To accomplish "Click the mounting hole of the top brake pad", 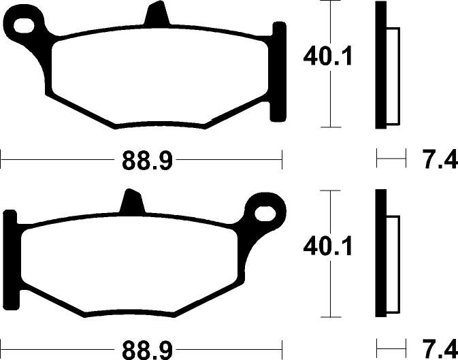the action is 24,24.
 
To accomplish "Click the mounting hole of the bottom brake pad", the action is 265,214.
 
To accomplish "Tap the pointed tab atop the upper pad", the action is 157,14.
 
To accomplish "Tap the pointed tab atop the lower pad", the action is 132,202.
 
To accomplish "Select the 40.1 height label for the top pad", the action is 328,56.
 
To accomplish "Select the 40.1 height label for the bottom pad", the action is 328,246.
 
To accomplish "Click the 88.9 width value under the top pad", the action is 147,160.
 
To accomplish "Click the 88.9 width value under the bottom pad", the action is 147,350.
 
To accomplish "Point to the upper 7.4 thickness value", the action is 440,159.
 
